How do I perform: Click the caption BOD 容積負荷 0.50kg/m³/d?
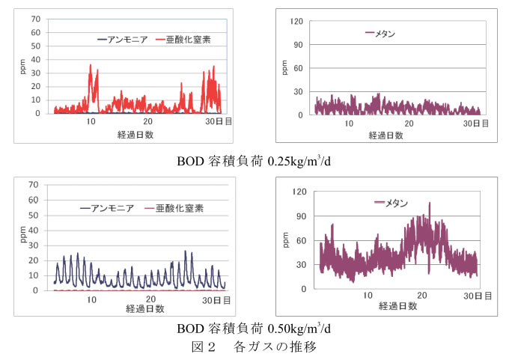click(x=254, y=329)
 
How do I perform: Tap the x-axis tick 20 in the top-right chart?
click(x=409, y=122)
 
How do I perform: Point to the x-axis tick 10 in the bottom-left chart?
click(x=92, y=299)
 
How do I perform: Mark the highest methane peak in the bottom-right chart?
click(x=430, y=203)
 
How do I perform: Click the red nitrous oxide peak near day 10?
click(x=91, y=65)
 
